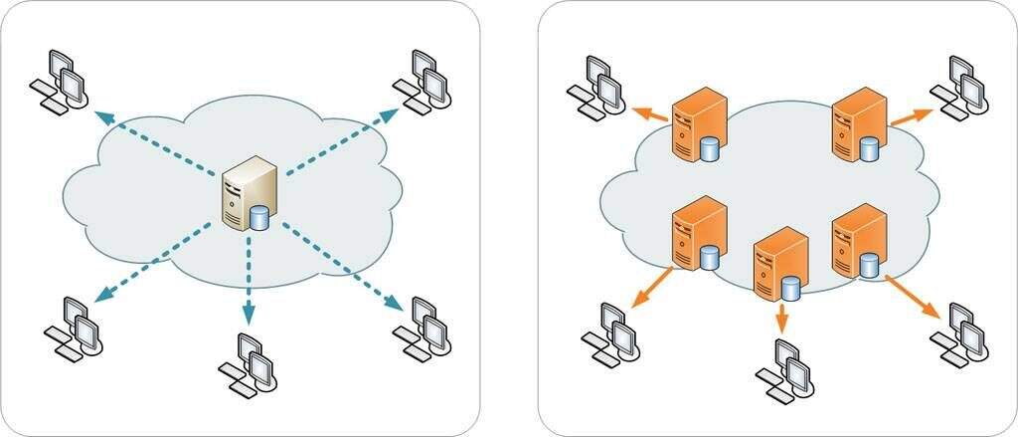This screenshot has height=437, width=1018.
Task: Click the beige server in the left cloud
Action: click(x=247, y=193)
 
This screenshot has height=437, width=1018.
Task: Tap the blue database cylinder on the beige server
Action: click(x=260, y=217)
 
